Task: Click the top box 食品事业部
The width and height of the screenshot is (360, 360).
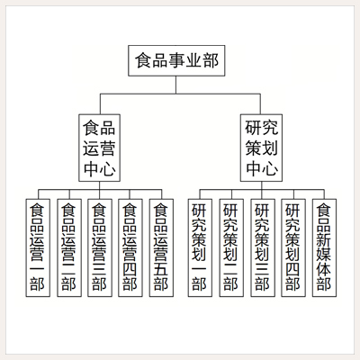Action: pos(176,60)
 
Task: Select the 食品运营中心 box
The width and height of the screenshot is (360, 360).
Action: pos(100,148)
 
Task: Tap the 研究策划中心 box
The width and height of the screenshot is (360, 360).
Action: pos(261,148)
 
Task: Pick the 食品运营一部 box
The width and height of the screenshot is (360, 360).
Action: pos(38,247)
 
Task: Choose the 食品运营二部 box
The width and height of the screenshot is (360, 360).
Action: pos(69,247)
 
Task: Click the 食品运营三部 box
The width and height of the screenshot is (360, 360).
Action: pos(100,247)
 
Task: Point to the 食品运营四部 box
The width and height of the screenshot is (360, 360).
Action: pos(130,247)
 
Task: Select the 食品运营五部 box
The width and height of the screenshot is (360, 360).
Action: pos(161,247)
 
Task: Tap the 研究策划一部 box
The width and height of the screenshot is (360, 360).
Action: pos(200,247)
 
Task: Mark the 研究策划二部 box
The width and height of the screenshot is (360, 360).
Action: pos(231,247)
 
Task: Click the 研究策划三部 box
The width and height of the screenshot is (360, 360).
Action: pos(263,247)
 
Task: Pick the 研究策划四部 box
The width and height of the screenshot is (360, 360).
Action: pos(293,247)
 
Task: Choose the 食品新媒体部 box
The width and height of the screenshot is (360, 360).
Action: pos(324,247)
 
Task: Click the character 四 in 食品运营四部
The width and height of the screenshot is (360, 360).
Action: pos(130,269)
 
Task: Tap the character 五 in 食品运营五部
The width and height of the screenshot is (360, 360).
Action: pos(161,269)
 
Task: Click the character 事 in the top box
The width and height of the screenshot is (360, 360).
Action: pos(176,60)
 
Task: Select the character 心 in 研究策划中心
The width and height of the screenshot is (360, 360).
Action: pos(270,168)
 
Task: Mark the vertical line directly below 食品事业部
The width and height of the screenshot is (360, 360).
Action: pos(176,85)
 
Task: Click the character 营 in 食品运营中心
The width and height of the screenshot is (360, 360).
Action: pos(108,148)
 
